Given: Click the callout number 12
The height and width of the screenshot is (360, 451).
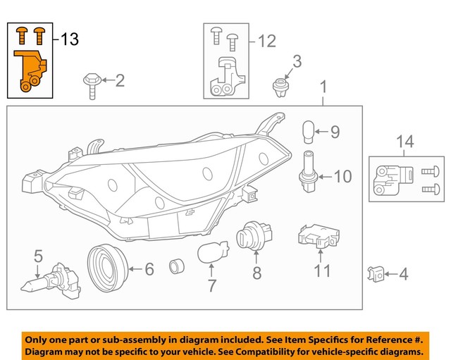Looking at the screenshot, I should pyautogui.click(x=266, y=42).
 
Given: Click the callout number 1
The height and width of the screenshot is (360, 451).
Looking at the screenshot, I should pyautogui.click(x=323, y=88).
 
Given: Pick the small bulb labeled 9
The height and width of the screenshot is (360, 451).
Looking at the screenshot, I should pyautogui.click(x=308, y=131).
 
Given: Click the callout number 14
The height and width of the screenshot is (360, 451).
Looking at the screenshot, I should pyautogui.click(x=404, y=143).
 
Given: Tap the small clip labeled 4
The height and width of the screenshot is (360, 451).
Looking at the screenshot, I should pyautogui.click(x=376, y=274).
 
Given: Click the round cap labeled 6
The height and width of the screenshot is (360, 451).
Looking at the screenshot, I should pyautogui.click(x=106, y=268).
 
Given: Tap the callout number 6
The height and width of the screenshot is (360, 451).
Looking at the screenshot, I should pyautogui.click(x=149, y=268).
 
